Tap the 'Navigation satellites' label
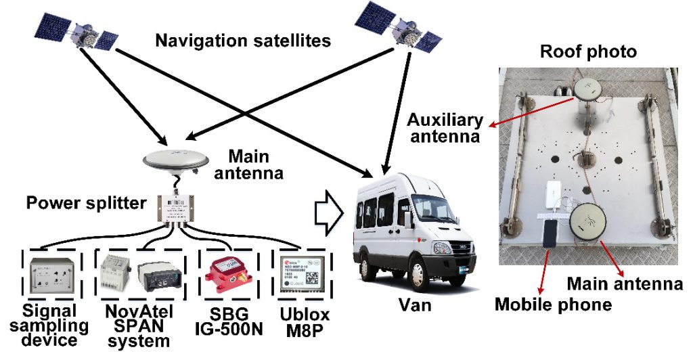point(243,41)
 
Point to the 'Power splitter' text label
point(87,202)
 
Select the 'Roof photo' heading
point(589,51)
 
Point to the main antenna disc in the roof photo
point(588,221)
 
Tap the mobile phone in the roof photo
point(549,234)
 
